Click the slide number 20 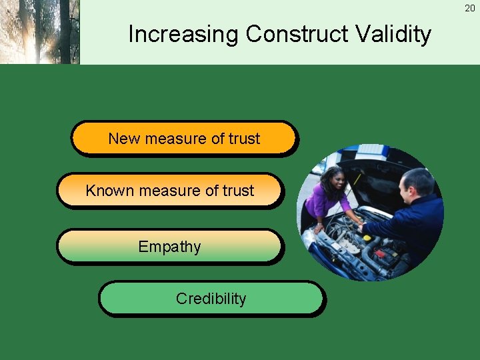tap(470, 8)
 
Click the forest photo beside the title tap(39, 32)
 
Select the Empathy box tap(169, 247)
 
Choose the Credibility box tap(211, 299)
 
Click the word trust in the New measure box tap(244, 139)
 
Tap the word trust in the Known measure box tap(238, 191)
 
